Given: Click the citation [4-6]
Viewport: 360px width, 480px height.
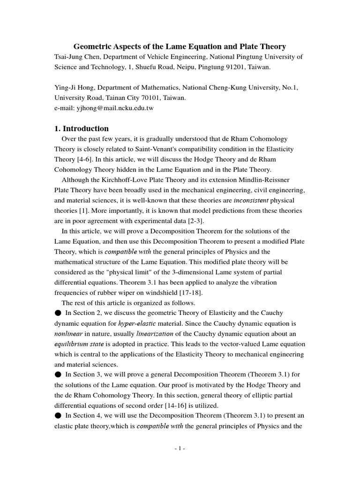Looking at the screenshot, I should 86,159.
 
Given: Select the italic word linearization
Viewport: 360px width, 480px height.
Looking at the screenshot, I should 154,334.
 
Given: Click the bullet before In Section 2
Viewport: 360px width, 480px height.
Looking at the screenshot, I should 58,313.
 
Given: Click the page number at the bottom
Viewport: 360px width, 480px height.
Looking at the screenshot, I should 180,449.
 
